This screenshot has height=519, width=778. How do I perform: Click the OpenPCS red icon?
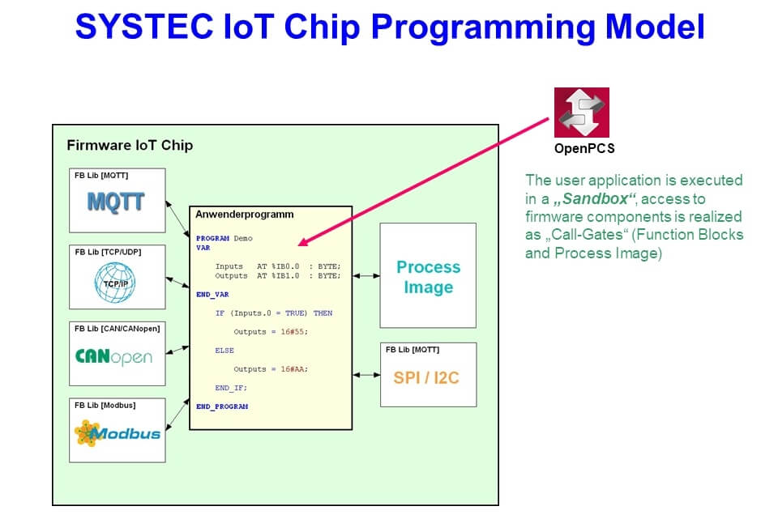581,113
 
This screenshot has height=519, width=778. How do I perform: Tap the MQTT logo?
116,201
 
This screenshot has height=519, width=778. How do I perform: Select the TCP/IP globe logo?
115,283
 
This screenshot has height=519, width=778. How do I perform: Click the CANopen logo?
113,356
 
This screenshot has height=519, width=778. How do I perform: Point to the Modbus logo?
117,433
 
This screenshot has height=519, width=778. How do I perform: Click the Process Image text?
428,277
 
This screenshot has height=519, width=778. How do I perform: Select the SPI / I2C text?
426,377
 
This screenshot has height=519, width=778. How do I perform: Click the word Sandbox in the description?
598,198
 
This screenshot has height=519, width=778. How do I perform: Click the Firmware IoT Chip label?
130,146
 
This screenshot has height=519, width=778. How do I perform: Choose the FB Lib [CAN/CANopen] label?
117,328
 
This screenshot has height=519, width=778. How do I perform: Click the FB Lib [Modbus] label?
105,404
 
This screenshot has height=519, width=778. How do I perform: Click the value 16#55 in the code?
294,332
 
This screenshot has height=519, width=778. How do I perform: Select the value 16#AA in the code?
294,369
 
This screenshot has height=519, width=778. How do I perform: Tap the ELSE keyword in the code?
224,351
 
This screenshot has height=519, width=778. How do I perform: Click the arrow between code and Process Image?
365,276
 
